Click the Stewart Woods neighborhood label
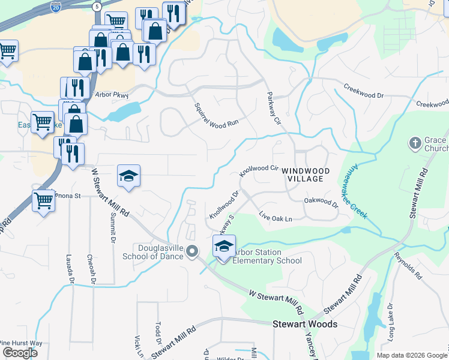click(305, 324)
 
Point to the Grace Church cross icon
click(414, 143)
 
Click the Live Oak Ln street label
click(276, 217)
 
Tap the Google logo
click(20, 352)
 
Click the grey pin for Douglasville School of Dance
click(192, 251)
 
